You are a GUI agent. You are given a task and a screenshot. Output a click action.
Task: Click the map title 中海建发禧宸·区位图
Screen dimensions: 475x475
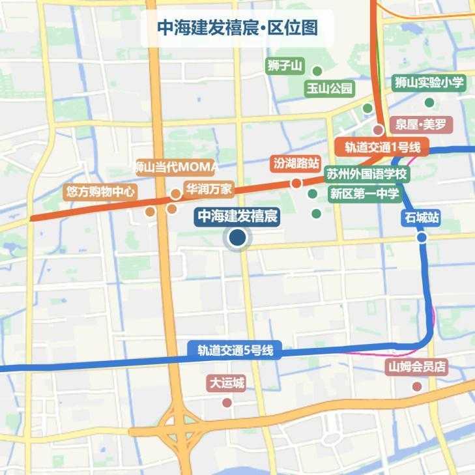(x=237, y=28)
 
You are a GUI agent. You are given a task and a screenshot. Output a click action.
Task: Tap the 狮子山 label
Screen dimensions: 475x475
(x=285, y=66)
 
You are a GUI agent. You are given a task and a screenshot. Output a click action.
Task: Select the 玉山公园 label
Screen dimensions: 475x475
(x=330, y=89)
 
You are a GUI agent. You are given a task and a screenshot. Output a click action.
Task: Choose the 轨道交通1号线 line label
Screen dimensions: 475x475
(x=381, y=147)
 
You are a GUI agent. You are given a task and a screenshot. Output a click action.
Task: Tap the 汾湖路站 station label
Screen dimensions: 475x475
(x=296, y=162)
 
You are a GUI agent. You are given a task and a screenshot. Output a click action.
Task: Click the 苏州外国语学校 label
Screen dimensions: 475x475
(x=366, y=175)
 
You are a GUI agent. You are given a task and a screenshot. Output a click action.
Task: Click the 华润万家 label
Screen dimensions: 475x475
(x=209, y=190)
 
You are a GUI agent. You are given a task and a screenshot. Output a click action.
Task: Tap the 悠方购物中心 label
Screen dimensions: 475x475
(x=100, y=192)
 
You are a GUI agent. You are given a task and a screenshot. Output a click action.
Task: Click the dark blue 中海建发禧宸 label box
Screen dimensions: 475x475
(x=238, y=216)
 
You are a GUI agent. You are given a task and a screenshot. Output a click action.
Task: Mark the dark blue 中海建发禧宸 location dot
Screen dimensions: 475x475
(x=237, y=239)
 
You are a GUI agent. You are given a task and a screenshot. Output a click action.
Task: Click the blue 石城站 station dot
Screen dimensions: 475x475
(x=422, y=238)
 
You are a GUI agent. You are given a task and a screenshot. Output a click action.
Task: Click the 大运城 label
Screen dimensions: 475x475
(x=227, y=383)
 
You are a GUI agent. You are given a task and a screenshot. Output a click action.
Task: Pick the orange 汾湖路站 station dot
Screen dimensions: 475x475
(x=296, y=183)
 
